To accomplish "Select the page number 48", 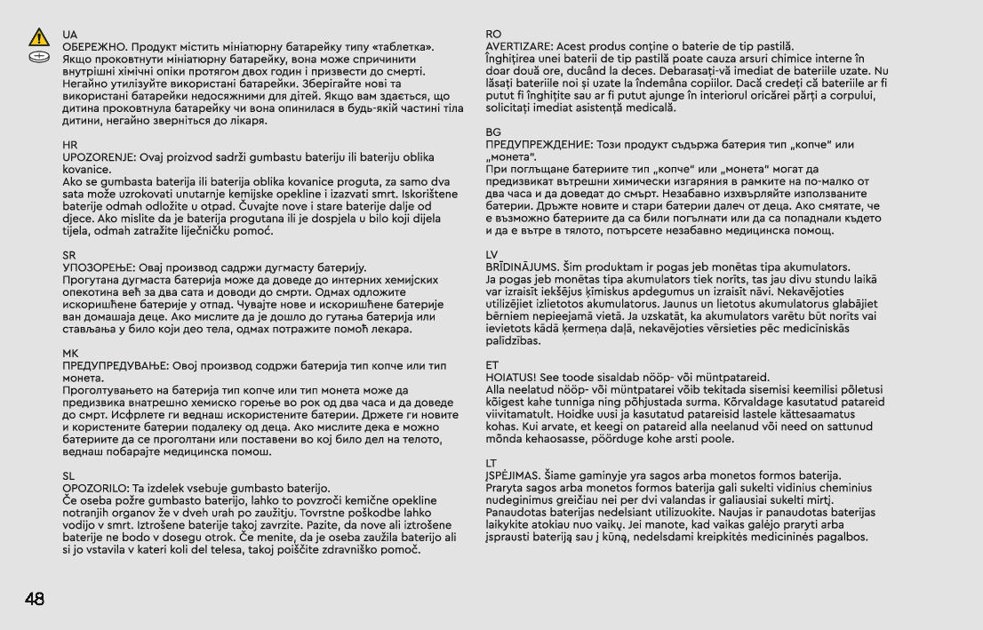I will [x=34, y=598].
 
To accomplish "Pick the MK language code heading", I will [x=69, y=353].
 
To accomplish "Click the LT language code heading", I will [x=492, y=462].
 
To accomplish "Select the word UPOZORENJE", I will [x=96, y=156].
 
